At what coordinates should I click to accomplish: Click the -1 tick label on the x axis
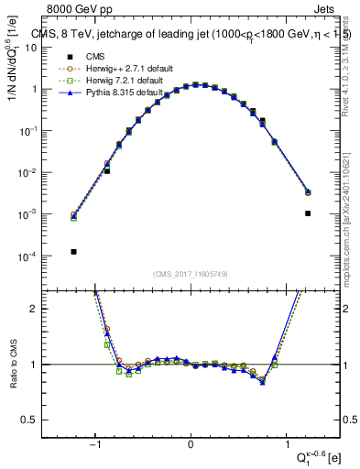pos(94,446)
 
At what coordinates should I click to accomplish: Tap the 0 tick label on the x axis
pos(191,446)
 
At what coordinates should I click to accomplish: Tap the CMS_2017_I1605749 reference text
pos(191,274)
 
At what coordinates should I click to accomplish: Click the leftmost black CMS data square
pos(73,251)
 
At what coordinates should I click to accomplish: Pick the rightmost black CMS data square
pos(308,213)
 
